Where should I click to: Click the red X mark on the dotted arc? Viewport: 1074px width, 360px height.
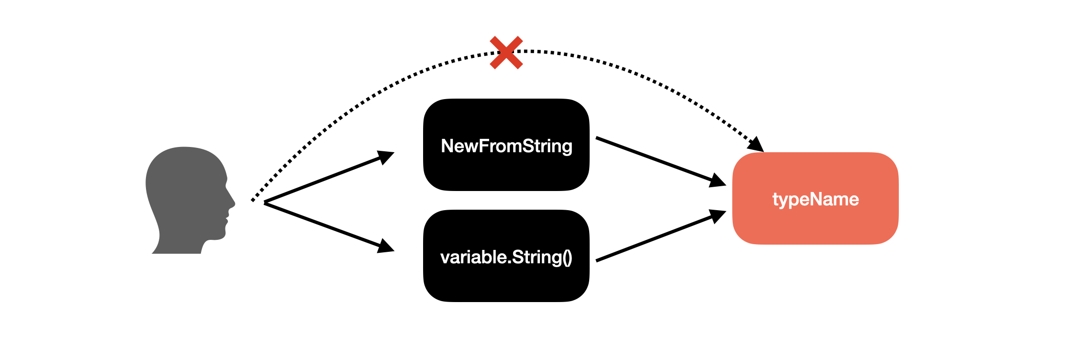[x=506, y=53]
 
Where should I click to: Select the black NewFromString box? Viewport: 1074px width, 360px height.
[x=506, y=145]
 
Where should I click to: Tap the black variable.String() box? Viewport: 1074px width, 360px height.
[x=506, y=256]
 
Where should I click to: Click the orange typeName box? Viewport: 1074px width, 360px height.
[x=816, y=199]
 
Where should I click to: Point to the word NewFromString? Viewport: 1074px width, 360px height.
[x=506, y=146]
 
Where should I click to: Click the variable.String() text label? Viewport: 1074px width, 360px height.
[x=506, y=258]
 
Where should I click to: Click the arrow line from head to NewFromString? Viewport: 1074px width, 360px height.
[x=329, y=178]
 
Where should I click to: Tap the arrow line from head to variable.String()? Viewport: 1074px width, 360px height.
[x=329, y=227]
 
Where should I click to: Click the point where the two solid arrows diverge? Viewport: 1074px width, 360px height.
[x=265, y=203]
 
